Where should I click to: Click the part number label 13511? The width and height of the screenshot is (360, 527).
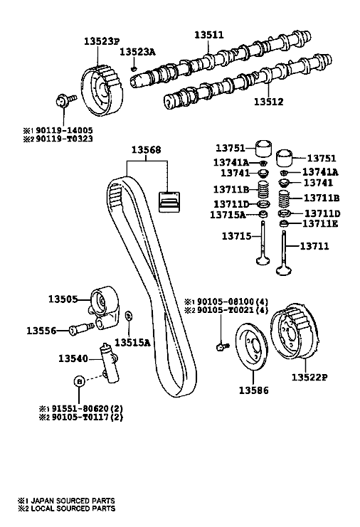click(208, 35)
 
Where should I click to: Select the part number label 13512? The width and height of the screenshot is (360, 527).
click(268, 101)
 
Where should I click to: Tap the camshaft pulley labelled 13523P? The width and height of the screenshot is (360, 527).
click(102, 90)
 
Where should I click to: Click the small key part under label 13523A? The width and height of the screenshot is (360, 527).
click(134, 69)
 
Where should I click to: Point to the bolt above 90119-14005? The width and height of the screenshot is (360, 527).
click(65, 100)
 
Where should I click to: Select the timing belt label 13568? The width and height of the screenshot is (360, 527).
click(146, 149)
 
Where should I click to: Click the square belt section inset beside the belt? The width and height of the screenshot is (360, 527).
click(169, 202)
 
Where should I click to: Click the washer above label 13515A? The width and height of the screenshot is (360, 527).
click(128, 316)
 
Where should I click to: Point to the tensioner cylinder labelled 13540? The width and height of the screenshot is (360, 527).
click(110, 363)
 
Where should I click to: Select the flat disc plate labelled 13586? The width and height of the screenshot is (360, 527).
click(250, 348)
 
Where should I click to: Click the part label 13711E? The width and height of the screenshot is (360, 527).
click(320, 223)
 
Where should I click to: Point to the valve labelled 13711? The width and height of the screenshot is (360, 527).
click(284, 252)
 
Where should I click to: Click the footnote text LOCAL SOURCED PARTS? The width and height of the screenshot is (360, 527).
click(73, 509)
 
